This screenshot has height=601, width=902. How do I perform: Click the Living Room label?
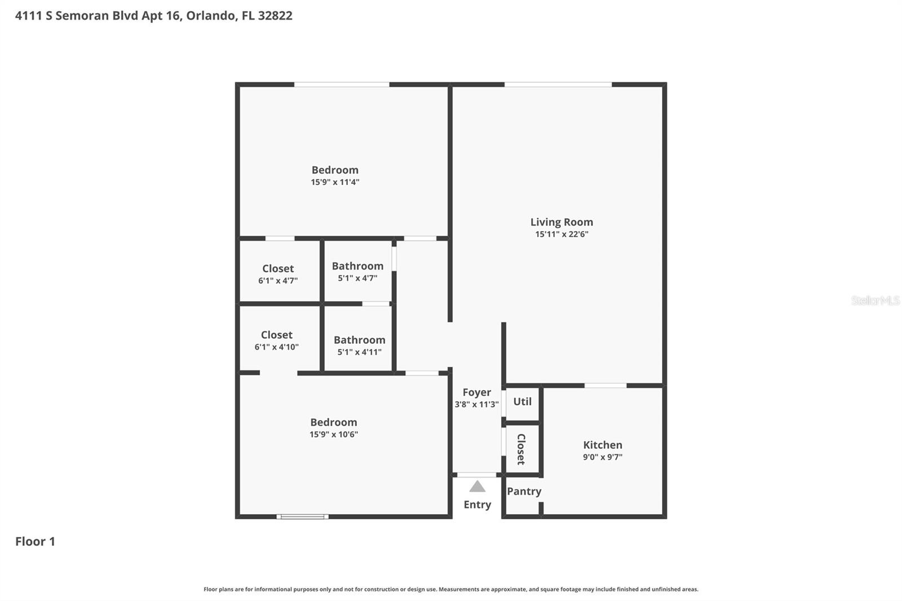coord(561,222)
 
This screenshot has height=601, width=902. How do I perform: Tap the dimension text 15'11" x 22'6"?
coord(561,235)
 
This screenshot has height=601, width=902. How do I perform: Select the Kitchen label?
coord(603,445)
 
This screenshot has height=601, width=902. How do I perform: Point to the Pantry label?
coord(524,491)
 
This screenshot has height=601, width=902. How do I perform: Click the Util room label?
coord(522,401)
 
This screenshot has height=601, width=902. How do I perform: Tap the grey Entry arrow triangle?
coord(477,487)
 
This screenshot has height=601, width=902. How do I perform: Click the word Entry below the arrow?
coord(477,505)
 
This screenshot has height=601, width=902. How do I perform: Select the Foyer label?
coord(476,392)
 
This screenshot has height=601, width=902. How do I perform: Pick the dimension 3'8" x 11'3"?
coord(476,404)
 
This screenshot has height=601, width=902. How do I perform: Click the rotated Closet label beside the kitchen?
coord(521,449)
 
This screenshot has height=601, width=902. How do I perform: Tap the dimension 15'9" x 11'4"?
coord(335,182)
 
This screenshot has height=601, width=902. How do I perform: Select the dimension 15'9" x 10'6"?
coord(333,434)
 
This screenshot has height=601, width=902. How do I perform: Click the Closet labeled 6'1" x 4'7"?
coord(278,268)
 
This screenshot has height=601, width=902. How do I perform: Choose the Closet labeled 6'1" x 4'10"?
coord(276,335)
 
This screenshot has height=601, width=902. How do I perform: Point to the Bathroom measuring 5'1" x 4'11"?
coord(359,340)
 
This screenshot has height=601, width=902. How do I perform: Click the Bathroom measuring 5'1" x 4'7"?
coord(357,266)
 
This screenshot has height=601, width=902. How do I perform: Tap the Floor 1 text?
coord(35,541)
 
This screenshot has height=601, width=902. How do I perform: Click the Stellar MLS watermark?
coord(875,300)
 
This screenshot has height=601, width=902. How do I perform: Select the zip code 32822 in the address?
coord(275,16)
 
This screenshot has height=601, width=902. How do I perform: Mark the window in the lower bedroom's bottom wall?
coord(303,516)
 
